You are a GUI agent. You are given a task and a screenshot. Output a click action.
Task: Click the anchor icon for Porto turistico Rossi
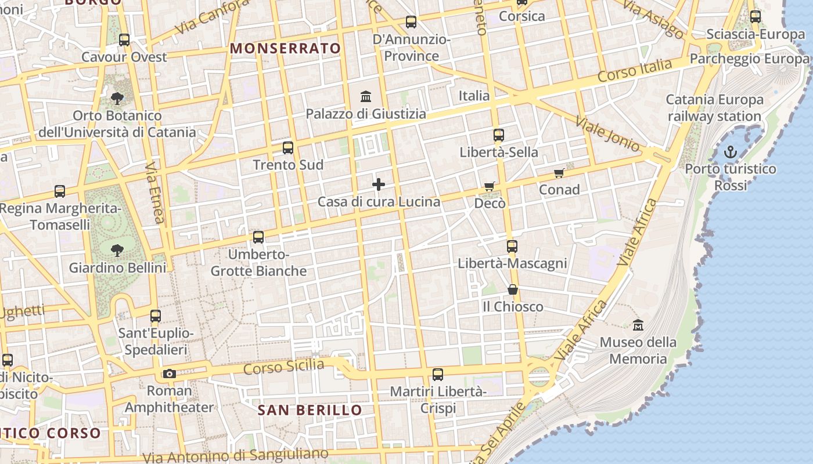tap(730, 153)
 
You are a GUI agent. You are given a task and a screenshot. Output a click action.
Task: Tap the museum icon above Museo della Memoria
tap(638, 325)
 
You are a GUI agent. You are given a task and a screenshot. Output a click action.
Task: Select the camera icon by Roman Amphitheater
tap(169, 374)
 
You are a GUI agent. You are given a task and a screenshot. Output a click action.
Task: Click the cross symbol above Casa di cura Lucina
tap(379, 185)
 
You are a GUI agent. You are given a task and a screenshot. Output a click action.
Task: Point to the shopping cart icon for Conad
tap(559, 173)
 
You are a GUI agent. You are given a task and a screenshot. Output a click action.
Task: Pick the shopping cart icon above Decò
tap(490, 187)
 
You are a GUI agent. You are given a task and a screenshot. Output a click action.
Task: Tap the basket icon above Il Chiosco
tap(513, 289)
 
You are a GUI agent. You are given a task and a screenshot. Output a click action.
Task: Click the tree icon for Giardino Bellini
tap(117, 251)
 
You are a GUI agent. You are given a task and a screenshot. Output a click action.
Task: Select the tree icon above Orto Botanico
tap(117, 98)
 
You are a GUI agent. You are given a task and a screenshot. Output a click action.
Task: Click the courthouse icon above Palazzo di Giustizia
tap(366, 96)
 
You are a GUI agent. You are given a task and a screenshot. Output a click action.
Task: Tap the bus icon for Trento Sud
tap(288, 148)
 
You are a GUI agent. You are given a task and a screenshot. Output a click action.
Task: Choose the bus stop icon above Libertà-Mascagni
tap(512, 246)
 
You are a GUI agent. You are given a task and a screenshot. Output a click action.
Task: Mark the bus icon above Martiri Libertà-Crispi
tap(438, 375)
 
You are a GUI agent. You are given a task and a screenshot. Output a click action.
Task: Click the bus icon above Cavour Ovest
tap(124, 40)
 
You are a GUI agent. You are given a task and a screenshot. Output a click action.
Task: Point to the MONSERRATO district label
tap(285, 49)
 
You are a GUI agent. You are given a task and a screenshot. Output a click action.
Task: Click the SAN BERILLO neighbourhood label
tap(310, 411)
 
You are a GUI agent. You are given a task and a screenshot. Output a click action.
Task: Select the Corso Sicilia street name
tap(283, 367)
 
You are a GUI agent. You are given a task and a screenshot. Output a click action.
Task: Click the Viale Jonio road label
tap(607, 134)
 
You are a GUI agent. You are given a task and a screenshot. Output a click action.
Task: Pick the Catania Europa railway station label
tap(714, 108)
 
